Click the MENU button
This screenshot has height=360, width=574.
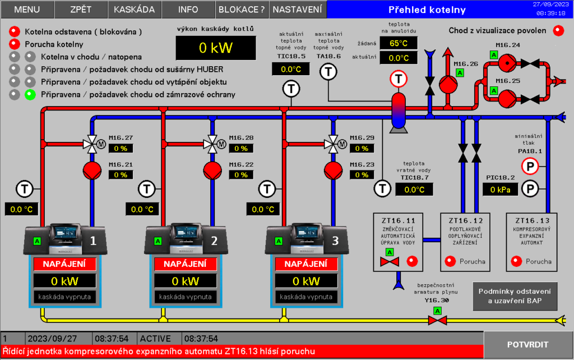pyautogui.click(x=27, y=10)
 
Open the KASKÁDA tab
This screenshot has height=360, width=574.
pyautogui.click(x=135, y=10)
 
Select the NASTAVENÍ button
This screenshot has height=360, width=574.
pyautogui.click(x=298, y=10)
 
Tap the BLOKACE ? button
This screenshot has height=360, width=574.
pyautogui.click(x=242, y=10)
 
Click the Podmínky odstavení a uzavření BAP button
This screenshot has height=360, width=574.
pyautogui.click(x=515, y=296)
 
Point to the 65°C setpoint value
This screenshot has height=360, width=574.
pyautogui.click(x=399, y=43)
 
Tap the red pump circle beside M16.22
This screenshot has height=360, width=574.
pyautogui.click(x=212, y=169)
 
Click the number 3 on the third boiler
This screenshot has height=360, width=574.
pyautogui.click(x=335, y=241)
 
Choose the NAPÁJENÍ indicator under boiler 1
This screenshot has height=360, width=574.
pyautogui.click(x=64, y=264)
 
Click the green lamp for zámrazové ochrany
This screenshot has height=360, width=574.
pyautogui.click(x=30, y=94)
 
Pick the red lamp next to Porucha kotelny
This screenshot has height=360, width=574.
pyautogui.click(x=15, y=44)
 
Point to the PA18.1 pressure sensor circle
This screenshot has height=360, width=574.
pyautogui.click(x=529, y=166)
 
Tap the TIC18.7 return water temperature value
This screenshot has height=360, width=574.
pyautogui.click(x=414, y=189)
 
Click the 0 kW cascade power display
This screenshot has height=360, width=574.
pyautogui.click(x=215, y=48)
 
